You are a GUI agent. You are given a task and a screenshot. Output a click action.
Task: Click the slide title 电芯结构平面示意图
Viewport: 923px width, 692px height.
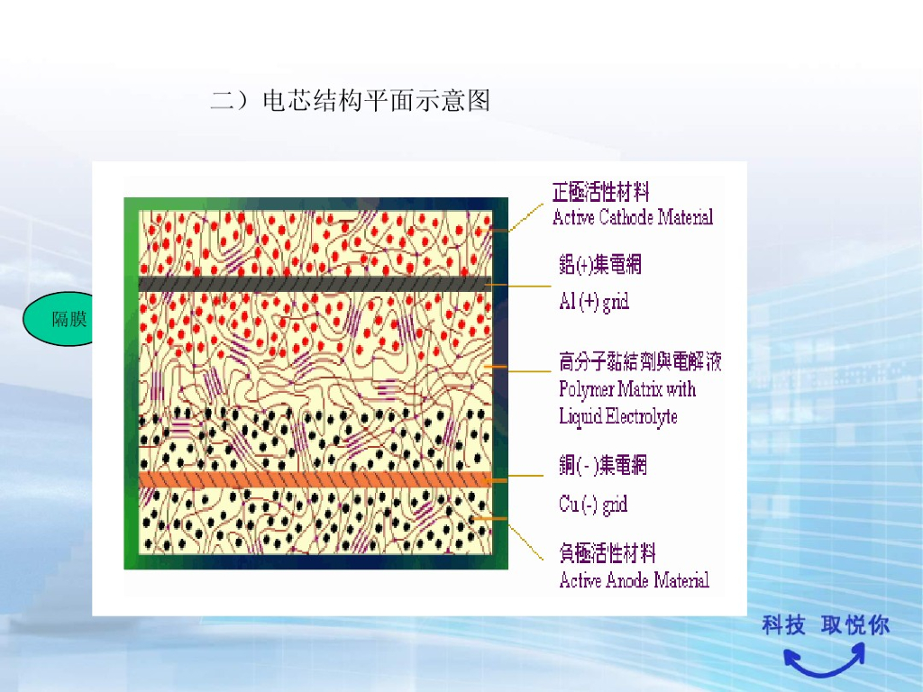point(351,100)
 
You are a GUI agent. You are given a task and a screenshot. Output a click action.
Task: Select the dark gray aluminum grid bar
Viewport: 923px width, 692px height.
point(315,283)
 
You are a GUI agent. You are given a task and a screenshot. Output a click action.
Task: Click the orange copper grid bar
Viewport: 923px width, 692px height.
point(315,479)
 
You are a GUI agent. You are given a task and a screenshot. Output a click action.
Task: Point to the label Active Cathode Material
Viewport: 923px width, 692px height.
point(633,217)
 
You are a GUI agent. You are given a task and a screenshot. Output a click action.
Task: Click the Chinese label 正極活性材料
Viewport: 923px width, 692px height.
point(601,191)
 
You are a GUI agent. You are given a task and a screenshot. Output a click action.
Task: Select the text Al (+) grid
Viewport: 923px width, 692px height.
point(594,302)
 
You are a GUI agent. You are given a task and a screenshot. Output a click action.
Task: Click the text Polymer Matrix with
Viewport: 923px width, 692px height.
point(627,389)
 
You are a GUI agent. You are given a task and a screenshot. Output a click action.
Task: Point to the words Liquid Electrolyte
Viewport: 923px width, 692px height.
point(618,416)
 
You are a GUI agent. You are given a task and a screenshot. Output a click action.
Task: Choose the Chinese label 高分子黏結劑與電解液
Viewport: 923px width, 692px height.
point(640,362)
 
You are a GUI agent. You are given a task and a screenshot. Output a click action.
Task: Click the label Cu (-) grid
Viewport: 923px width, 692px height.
point(593,505)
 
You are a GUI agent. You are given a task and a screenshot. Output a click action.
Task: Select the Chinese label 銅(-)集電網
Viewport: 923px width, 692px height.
point(603,465)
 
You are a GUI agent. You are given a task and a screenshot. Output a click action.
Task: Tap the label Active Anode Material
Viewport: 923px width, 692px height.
point(635,580)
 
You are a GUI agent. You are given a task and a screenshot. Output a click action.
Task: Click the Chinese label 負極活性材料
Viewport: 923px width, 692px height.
point(608,552)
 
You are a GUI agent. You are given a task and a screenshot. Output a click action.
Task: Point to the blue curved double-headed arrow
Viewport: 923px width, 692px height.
point(823,662)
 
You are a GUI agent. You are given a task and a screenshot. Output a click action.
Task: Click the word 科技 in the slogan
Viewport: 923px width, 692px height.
point(783,624)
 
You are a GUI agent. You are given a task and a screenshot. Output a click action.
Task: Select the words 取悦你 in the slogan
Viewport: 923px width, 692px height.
point(854,624)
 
